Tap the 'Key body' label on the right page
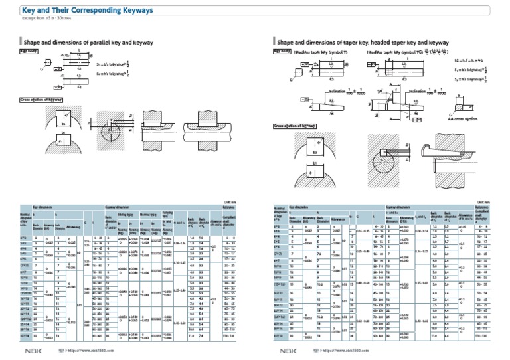[x=282, y=51]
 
